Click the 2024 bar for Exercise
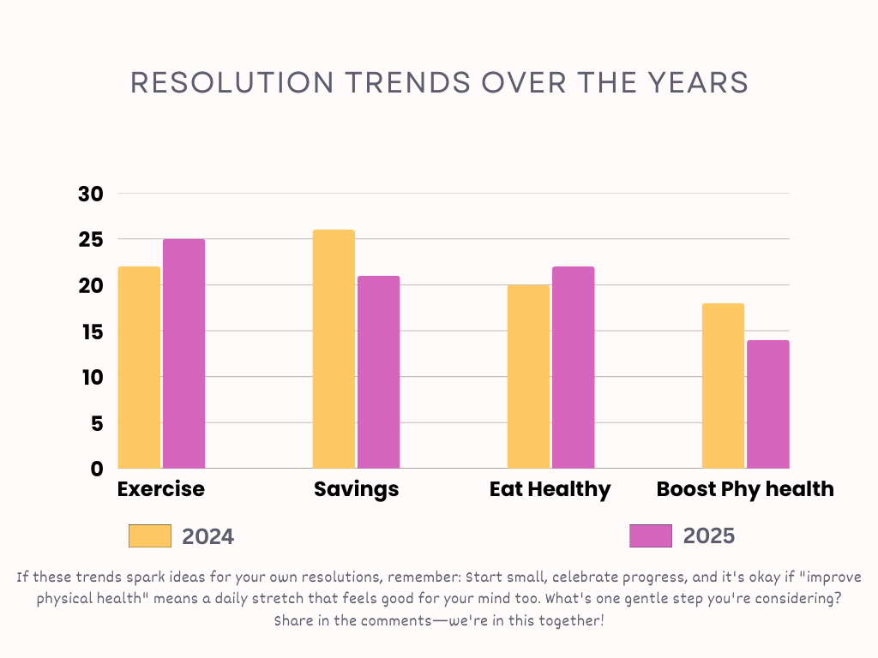[139, 368]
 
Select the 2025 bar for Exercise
[183, 354]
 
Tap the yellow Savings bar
[334, 349]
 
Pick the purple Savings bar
[378, 372]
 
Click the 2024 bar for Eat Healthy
[528, 377]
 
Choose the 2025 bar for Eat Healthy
[573, 368]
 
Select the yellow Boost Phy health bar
[723, 386]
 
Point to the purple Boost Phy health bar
[767, 404]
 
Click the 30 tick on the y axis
[90, 194]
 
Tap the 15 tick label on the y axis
[90, 332]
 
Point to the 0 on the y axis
[97, 469]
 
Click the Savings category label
[356, 489]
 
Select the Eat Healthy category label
[550, 489]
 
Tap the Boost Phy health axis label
[745, 489]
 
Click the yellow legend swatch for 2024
[150, 536]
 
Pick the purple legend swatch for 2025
[651, 536]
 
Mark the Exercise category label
[161, 489]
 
